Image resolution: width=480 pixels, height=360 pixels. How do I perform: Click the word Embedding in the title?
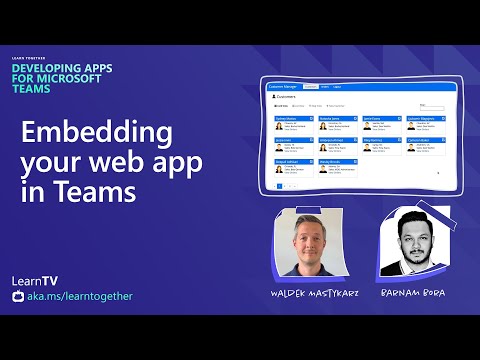click(x=97, y=133)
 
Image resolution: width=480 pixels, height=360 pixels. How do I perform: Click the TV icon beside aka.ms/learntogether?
click(x=18, y=296)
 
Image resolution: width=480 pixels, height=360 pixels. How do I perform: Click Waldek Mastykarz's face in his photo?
click(x=308, y=241)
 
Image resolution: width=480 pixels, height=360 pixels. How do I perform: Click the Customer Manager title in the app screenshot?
click(x=282, y=86)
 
